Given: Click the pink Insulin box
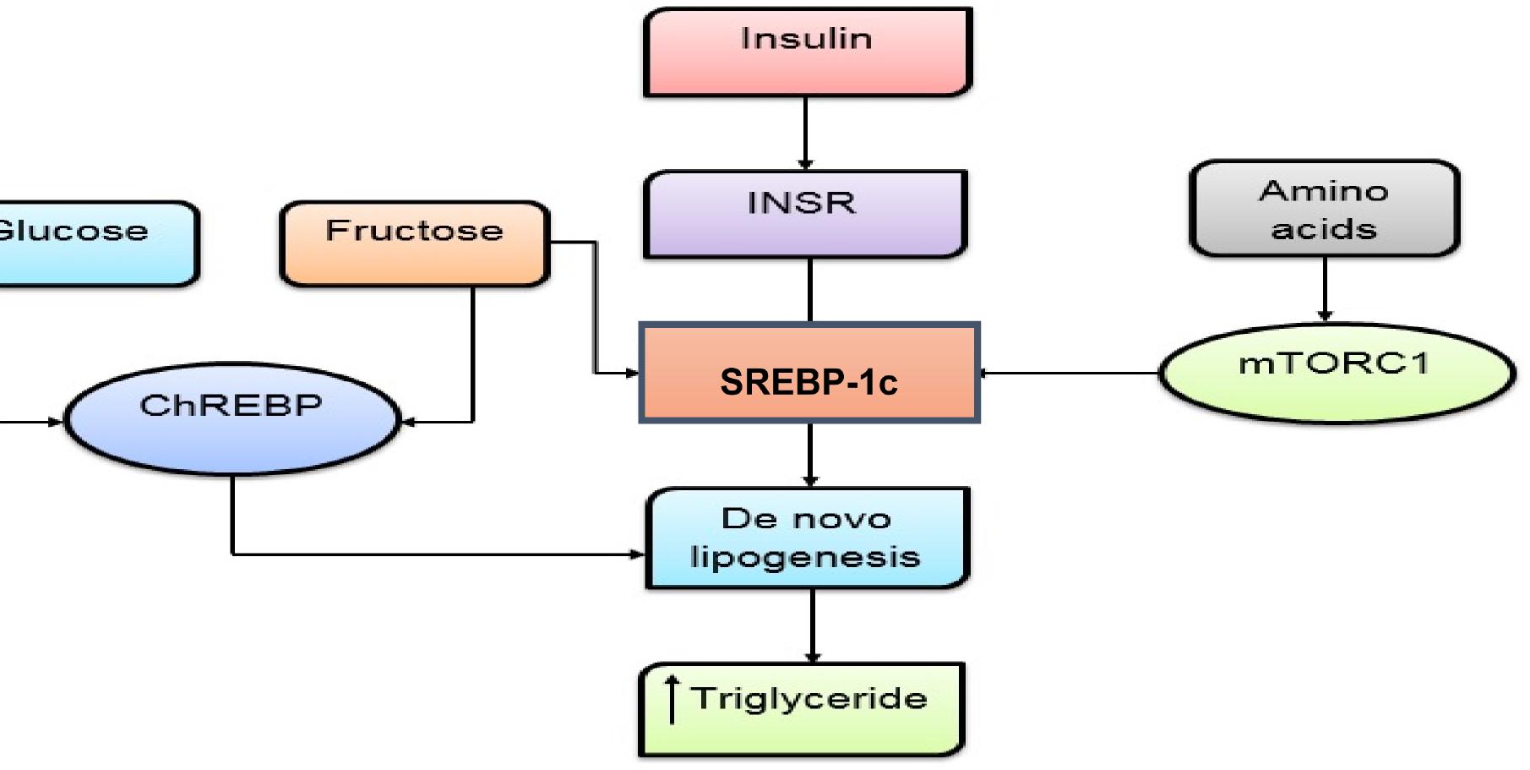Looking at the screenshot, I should click(x=807, y=52).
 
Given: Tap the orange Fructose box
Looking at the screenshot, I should click(x=414, y=243).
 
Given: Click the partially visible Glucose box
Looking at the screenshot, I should click(x=93, y=243).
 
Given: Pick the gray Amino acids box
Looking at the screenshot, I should click(x=1324, y=209).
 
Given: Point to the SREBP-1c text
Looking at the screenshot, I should click(x=809, y=382).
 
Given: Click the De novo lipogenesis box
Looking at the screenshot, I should click(x=807, y=538).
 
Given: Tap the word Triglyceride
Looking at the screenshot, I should click(x=809, y=698).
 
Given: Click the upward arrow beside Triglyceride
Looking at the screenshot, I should click(x=672, y=699).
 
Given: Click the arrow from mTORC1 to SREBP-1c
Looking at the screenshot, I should click(x=1069, y=373).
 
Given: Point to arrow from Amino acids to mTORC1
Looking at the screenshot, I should click(x=1325, y=289).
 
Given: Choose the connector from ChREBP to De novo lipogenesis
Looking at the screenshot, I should click(x=422, y=554).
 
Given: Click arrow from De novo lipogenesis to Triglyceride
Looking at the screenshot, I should click(x=812, y=625).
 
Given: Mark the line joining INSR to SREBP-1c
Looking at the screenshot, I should click(x=810, y=290).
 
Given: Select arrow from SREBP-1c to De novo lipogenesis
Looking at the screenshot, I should click(x=810, y=455).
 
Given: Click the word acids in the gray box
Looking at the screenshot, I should click(x=1324, y=229).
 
